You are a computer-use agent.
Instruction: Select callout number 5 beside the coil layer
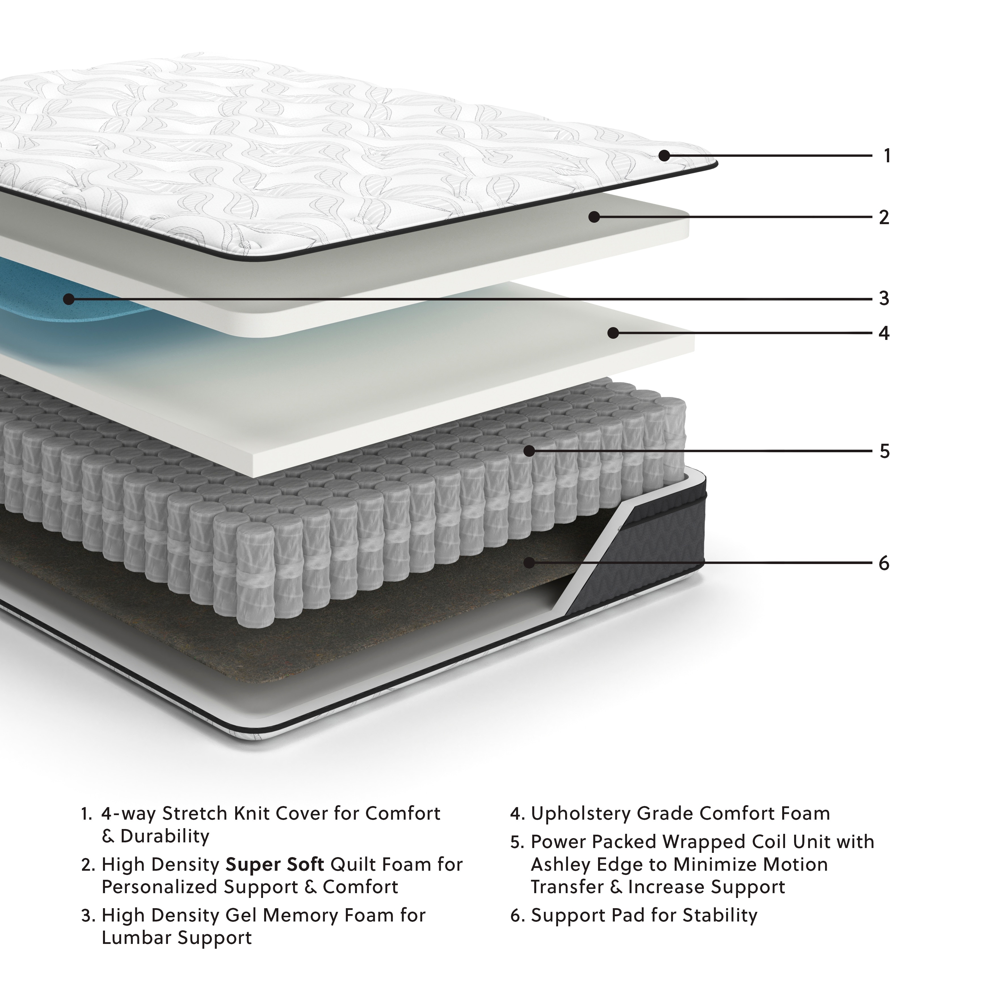[x=884, y=452]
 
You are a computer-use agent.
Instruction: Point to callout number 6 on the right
[x=883, y=563]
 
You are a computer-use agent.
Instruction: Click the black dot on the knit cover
[x=664, y=155]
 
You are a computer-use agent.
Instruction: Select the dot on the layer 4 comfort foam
[x=613, y=333]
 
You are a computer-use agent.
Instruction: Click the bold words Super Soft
[x=275, y=864]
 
